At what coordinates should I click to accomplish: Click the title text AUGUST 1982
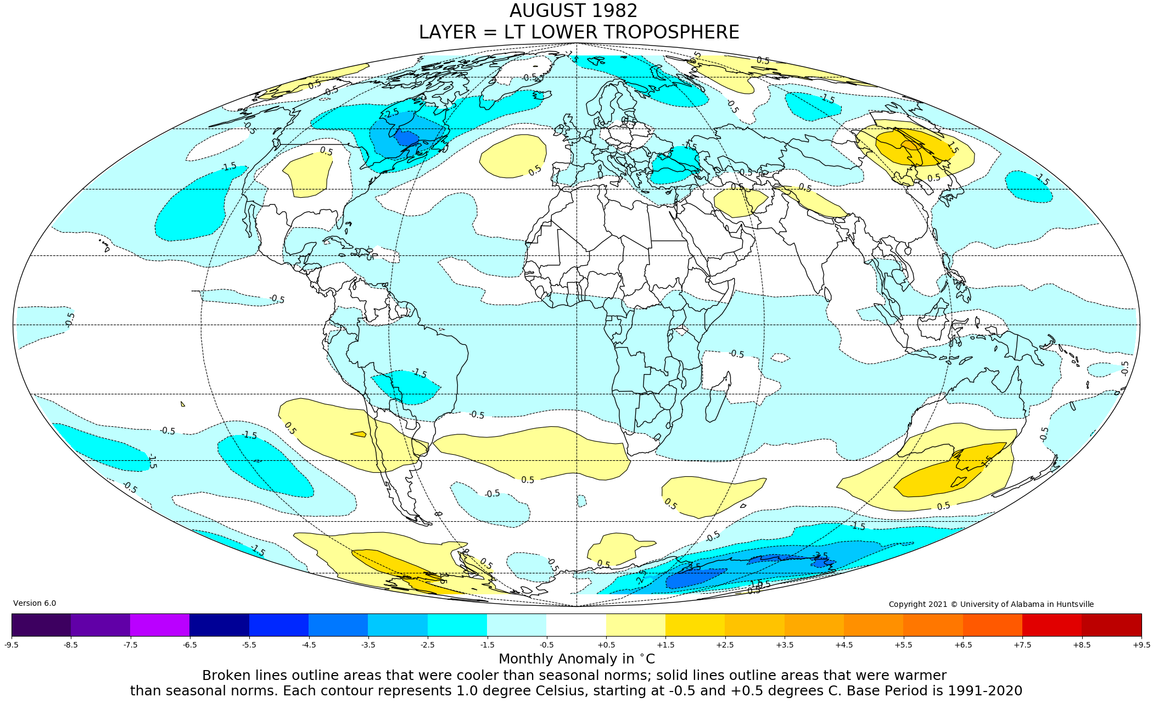573,12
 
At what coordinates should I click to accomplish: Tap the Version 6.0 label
35,604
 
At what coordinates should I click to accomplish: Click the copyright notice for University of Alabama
990,605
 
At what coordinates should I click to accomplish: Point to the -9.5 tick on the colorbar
12,645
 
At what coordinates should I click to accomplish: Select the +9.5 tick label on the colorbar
1141,645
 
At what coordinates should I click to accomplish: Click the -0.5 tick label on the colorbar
546,645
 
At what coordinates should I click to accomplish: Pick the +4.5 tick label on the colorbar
844,645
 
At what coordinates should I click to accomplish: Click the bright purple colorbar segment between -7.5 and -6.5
160,625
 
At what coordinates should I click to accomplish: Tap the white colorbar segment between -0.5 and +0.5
576,625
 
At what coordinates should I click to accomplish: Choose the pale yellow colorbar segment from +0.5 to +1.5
635,625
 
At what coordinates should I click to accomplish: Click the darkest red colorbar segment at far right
1111,625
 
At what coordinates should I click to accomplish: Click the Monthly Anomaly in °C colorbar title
576,659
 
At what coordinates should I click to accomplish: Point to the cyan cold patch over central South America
406,386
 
